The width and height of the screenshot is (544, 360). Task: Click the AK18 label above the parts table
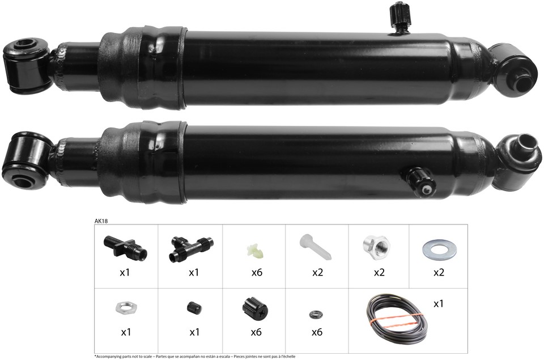pos(101,221)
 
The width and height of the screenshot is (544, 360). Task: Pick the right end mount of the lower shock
pos(517,160)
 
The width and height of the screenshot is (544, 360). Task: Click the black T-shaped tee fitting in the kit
pos(191,248)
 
